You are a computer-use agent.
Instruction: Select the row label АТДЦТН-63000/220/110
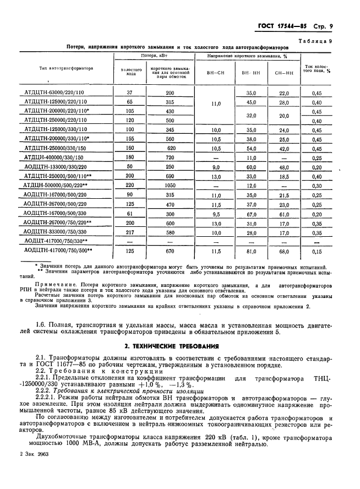55,93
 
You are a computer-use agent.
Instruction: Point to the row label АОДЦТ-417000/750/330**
58,241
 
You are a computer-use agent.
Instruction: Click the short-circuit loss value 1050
170,185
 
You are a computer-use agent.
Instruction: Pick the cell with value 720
170,158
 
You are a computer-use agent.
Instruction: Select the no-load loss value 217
130,232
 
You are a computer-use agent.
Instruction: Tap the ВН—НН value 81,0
251,251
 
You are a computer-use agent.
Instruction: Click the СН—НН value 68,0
284,251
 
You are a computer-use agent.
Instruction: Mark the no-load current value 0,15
317,251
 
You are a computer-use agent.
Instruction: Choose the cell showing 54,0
251,149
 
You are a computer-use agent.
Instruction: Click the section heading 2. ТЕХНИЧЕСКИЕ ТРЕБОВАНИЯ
179,346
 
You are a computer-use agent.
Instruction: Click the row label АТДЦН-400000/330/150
55,158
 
